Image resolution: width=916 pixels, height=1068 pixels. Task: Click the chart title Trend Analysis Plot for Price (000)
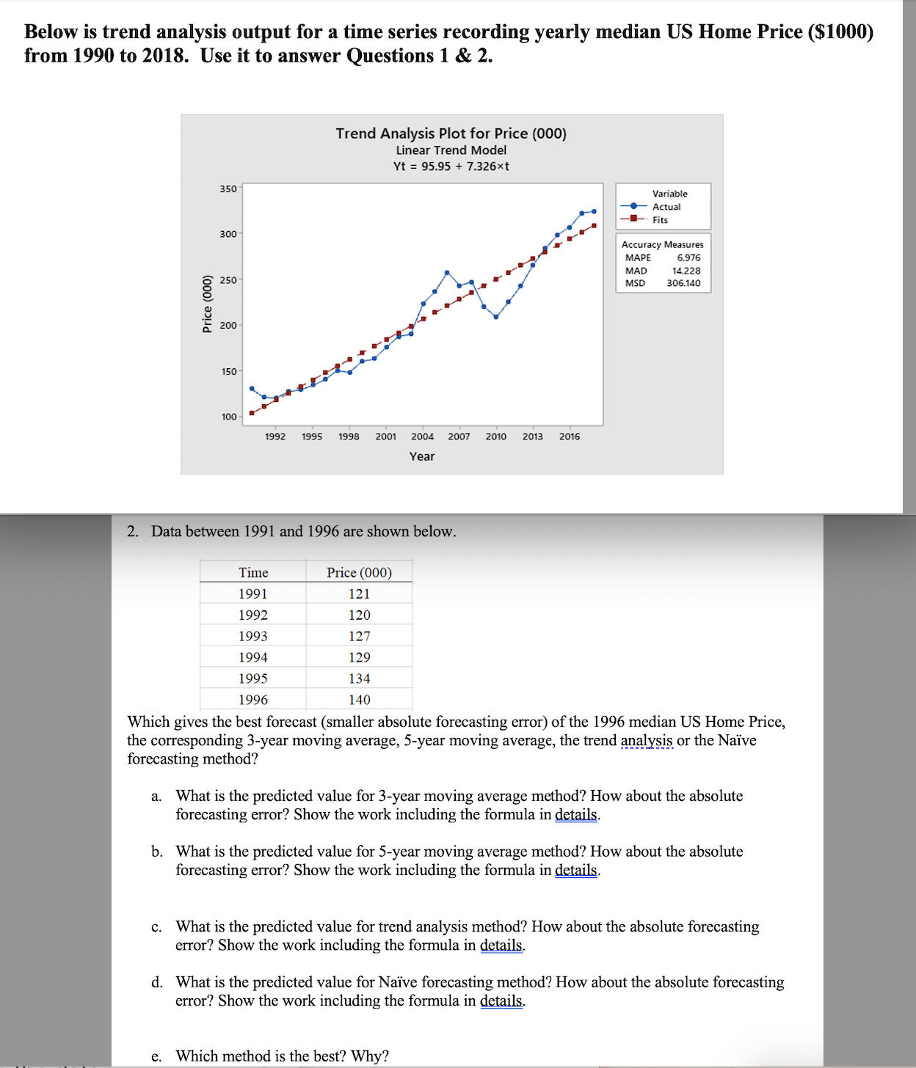pyautogui.click(x=451, y=133)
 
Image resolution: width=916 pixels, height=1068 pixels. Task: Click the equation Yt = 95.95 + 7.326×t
pyautogui.click(x=451, y=167)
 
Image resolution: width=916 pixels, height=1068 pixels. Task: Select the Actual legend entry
pyautogui.click(x=666, y=207)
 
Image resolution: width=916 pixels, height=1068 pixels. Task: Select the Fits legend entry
pyautogui.click(x=660, y=220)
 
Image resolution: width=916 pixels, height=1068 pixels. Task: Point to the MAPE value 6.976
pyautogui.click(x=688, y=257)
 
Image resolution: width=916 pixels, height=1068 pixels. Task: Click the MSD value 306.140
pyautogui.click(x=683, y=283)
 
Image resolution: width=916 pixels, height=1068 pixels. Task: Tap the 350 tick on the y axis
pyautogui.click(x=228, y=189)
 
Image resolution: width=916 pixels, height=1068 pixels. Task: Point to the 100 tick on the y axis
pyautogui.click(x=228, y=417)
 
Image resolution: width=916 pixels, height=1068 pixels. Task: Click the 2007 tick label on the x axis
pyautogui.click(x=459, y=436)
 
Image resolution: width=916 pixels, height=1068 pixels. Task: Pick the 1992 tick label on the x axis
pyautogui.click(x=275, y=436)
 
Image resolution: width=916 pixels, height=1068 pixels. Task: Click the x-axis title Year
pyautogui.click(x=422, y=456)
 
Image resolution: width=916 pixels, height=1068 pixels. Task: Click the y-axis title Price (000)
pyautogui.click(x=207, y=304)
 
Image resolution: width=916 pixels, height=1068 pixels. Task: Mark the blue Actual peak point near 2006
pyautogui.click(x=447, y=272)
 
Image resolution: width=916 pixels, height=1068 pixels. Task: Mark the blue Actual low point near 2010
pyautogui.click(x=496, y=317)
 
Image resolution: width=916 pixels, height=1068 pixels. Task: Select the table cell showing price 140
pyautogui.click(x=359, y=700)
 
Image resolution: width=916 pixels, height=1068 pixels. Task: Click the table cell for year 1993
pyautogui.click(x=252, y=636)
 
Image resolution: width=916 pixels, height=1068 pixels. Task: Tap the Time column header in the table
pyautogui.click(x=253, y=572)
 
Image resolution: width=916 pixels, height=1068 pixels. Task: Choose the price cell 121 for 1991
pyautogui.click(x=359, y=593)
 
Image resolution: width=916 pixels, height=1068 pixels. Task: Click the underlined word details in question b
pyautogui.click(x=576, y=870)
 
